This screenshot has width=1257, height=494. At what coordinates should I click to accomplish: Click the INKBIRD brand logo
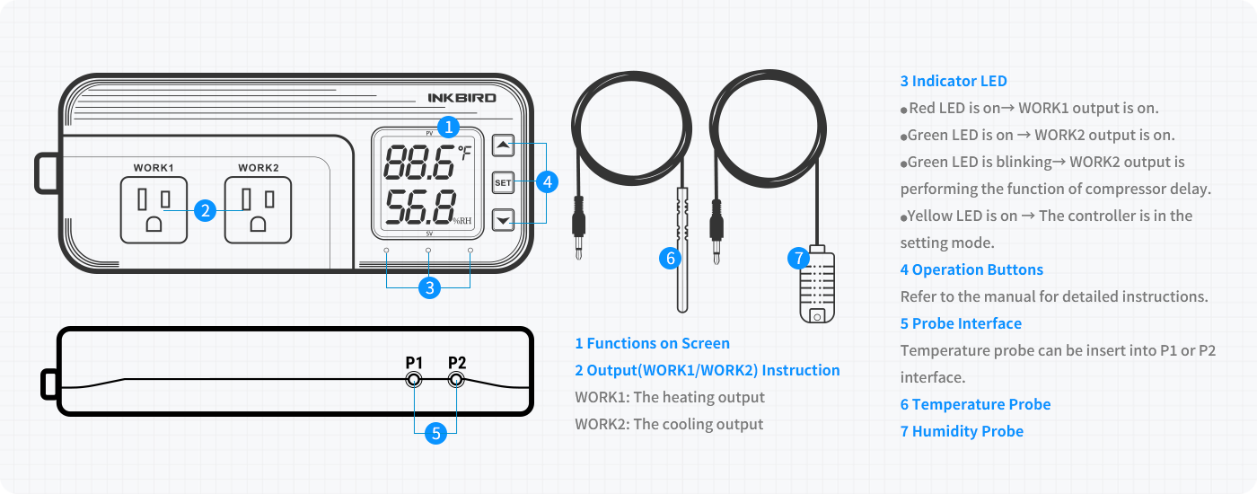[x=461, y=98]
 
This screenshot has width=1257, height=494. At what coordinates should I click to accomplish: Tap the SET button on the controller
[x=503, y=182]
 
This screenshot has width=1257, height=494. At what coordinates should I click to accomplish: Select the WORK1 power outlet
[x=154, y=210]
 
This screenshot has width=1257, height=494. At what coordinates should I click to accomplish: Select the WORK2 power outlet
[x=259, y=210]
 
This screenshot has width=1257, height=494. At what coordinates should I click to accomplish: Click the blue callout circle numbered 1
[x=448, y=128]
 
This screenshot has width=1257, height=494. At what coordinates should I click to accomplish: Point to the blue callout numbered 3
[x=430, y=288]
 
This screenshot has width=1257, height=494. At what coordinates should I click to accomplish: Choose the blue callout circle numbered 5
[x=436, y=433]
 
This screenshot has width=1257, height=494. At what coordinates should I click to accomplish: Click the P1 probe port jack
[x=414, y=380]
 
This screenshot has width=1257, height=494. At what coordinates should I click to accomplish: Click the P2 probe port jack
[x=456, y=380]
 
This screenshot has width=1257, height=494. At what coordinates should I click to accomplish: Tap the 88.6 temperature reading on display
[x=419, y=163]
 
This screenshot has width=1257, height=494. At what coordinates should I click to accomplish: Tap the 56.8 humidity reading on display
[x=419, y=207]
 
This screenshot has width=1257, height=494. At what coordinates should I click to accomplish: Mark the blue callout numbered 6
[x=670, y=259]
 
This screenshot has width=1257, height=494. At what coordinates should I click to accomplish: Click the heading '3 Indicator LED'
[x=954, y=81]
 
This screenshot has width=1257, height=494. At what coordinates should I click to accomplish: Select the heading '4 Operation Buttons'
[x=971, y=269]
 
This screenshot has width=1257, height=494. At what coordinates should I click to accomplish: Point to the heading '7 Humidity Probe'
[x=962, y=431]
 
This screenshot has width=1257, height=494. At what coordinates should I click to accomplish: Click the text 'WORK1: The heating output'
[x=670, y=397]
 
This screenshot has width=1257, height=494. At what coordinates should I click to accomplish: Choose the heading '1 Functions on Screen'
[x=652, y=343]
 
